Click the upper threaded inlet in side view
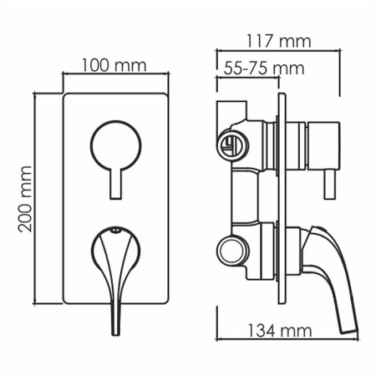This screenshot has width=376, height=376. pyautogui.click(x=231, y=144)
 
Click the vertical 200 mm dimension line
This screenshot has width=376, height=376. pyautogui.click(x=38, y=201)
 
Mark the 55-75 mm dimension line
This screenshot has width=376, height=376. pyautogui.click(x=251, y=78)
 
